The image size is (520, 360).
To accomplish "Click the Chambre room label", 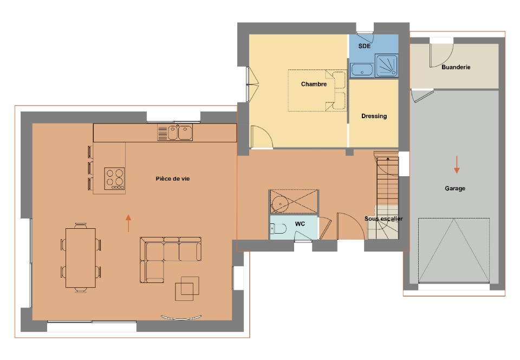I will [314, 84].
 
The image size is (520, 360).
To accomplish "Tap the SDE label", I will [365, 47].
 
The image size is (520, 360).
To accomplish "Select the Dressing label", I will [374, 116].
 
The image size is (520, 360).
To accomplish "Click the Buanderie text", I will [456, 68].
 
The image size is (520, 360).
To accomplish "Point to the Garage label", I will [455, 189].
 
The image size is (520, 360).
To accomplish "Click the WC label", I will [300, 223].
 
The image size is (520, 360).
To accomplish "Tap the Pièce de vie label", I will [172, 178].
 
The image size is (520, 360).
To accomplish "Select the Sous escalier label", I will [383, 219].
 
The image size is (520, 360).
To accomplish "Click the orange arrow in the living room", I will [128, 223].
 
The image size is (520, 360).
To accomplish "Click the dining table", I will [81, 257].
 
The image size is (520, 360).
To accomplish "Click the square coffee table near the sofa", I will [187, 288].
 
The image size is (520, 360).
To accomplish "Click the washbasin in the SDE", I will [361, 70].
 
